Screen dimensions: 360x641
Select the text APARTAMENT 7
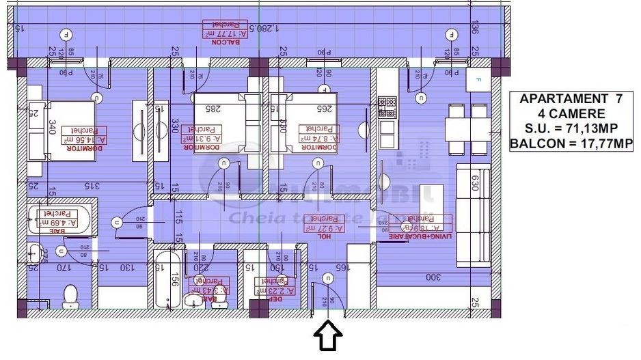pos(571,98)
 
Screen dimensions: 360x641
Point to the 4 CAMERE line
pos(571,113)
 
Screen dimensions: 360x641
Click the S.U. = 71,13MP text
pos(571,128)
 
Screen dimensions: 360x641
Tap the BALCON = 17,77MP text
pos(571,144)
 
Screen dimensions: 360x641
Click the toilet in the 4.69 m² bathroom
pos(70,296)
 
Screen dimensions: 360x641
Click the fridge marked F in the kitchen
pos(478,80)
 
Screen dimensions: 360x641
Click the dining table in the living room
pos(469,128)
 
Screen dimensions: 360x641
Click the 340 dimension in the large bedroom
pos(33,127)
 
